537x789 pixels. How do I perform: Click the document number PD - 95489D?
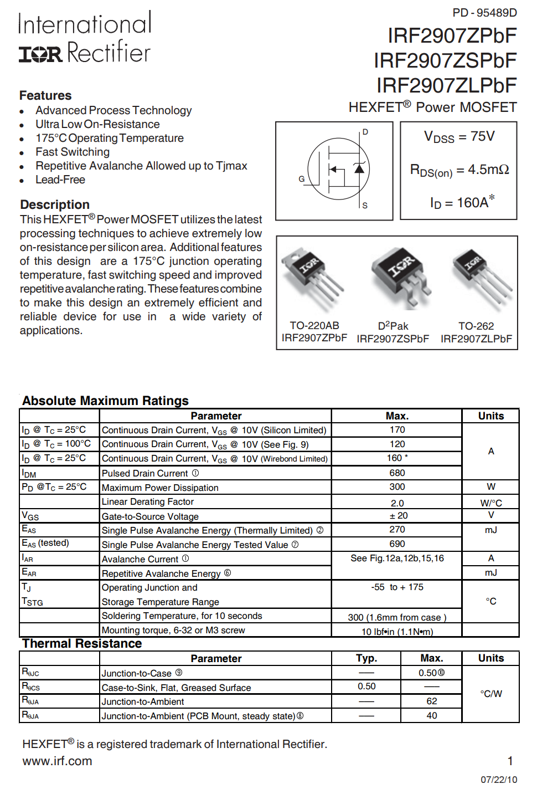click(x=484, y=13)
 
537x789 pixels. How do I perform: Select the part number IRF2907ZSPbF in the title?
click(x=445, y=60)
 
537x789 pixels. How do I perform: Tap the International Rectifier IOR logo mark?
click(x=40, y=54)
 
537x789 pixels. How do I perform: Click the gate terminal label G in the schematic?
click(x=302, y=179)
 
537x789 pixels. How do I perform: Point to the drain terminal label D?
click(x=365, y=132)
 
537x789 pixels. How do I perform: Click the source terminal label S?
click(x=365, y=206)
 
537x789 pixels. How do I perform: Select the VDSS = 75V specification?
click(x=459, y=137)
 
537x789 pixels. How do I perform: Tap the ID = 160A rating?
click(x=462, y=203)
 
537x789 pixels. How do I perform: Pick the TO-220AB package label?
click(x=314, y=326)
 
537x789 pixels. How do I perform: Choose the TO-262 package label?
click(x=476, y=326)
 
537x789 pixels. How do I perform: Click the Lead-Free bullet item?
click(x=60, y=180)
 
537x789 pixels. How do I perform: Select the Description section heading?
click(x=55, y=204)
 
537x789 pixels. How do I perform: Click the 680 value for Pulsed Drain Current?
click(x=397, y=473)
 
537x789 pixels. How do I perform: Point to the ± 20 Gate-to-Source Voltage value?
click(x=397, y=516)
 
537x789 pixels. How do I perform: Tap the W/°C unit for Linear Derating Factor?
click(x=491, y=503)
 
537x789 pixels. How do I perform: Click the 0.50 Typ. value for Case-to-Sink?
click(x=366, y=686)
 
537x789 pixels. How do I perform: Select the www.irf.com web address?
click(x=58, y=761)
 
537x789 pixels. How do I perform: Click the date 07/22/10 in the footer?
click(x=499, y=780)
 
